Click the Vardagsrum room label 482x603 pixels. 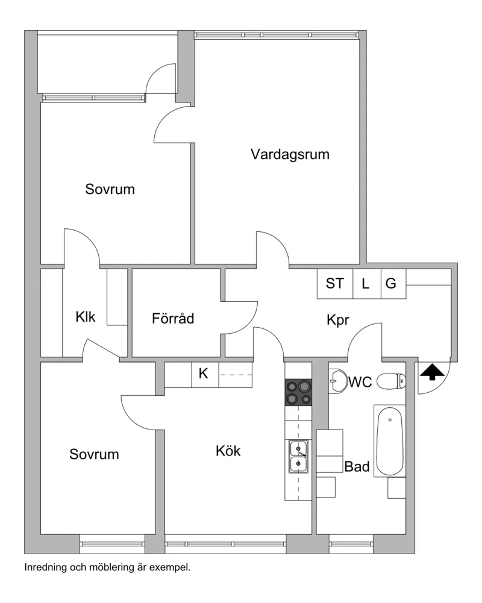(290, 154)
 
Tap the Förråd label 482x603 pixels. (173, 318)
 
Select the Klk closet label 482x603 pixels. (86, 317)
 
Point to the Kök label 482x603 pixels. (228, 451)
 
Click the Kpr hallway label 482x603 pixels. (338, 320)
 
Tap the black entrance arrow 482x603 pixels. (433, 372)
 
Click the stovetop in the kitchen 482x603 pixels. (298, 392)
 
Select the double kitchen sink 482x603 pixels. (298, 457)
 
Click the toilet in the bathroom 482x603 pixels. (391, 381)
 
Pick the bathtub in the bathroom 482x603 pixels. (390, 441)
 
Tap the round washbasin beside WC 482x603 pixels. (339, 381)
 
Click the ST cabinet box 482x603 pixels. (335, 283)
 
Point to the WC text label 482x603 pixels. (360, 382)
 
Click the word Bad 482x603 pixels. (357, 466)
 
